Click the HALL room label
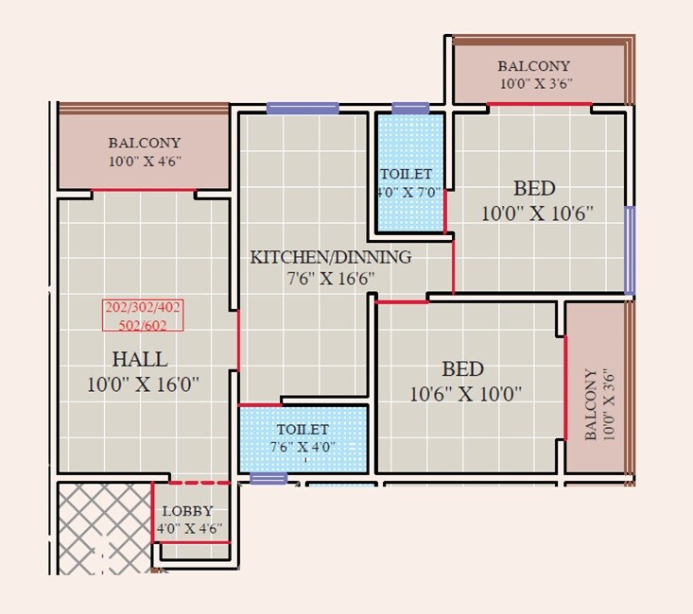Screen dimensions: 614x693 pos(140,359)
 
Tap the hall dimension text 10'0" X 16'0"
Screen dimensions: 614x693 pos(143,384)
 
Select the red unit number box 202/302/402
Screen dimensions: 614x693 pos(143,315)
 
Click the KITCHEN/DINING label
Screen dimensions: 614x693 pos(330,257)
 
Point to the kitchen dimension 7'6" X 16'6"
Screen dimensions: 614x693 pos(330,279)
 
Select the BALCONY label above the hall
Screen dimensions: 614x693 pos(144,144)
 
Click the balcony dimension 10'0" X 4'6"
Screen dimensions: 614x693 pos(144,162)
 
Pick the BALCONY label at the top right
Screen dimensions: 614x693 pos(534,66)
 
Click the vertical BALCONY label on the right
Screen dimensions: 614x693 pos(593,404)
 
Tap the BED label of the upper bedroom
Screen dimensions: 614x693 pos(534,187)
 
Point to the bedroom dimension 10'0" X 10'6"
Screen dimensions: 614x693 pos(536,213)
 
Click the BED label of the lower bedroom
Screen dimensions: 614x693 pos(463,369)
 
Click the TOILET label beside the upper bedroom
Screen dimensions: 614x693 pos(406,175)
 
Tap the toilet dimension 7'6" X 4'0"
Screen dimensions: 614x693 pos(303,447)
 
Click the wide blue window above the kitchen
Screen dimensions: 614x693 pos(303,108)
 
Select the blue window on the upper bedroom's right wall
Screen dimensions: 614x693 pos(630,250)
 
